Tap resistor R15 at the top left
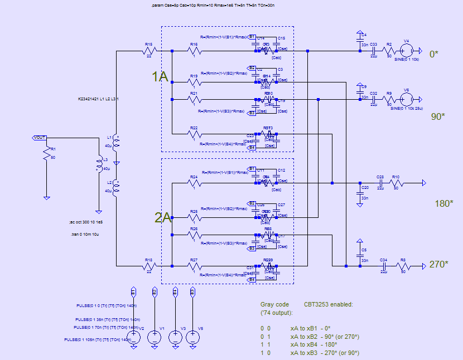coord(148,52)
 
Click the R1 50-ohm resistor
coord(47,155)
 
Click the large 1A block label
coord(160,77)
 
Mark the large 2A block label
coord(162,217)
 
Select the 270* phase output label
coord(438,264)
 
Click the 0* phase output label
coord(434,54)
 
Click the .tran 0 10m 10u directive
coord(82,235)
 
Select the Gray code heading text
coord(274,304)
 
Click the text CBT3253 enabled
coord(329,304)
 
